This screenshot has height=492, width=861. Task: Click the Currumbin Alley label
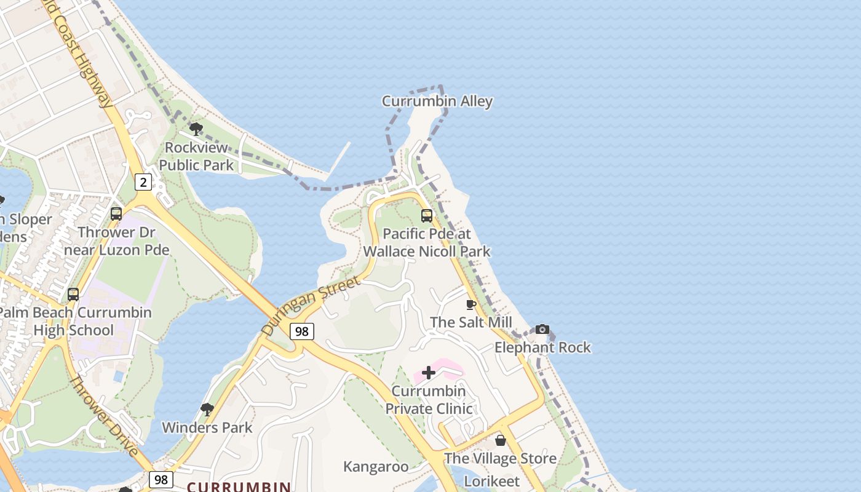click(437, 101)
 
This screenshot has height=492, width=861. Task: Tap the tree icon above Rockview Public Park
click(196, 129)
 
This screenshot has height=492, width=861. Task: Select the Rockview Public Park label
click(196, 156)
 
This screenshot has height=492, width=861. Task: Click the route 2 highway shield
click(143, 181)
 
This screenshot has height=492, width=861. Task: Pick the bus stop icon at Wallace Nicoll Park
click(426, 216)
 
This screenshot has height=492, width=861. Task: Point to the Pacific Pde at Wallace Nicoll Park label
click(427, 242)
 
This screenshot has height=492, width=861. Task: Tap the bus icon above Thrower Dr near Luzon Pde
click(116, 214)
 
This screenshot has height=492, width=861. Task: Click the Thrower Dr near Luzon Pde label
click(116, 241)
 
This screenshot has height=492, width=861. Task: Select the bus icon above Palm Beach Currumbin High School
click(73, 295)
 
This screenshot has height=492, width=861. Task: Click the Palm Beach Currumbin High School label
click(74, 321)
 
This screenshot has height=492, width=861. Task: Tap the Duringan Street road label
click(310, 306)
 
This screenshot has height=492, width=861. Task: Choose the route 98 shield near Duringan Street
click(301, 331)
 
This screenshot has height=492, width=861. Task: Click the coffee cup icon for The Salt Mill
click(471, 305)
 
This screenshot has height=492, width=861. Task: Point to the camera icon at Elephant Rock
click(542, 330)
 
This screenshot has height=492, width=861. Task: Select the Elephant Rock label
click(542, 347)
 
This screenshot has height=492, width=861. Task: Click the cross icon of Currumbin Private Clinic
click(429, 373)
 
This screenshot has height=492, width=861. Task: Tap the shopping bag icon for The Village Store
click(501, 440)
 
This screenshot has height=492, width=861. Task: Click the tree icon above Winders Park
click(207, 409)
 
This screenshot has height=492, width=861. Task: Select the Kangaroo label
click(376, 467)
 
